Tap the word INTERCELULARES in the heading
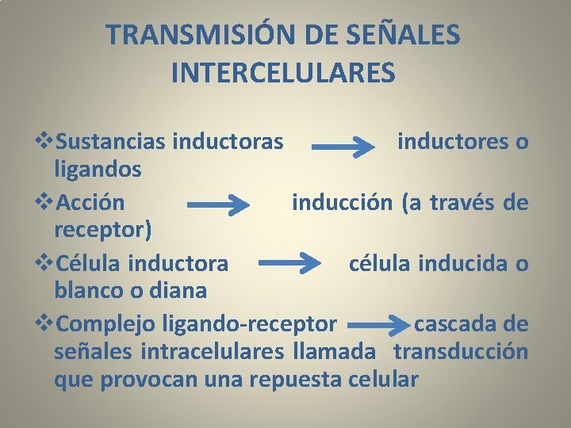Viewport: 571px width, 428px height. pyautogui.click(x=282, y=73)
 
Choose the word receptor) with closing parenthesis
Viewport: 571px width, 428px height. pyautogui.click(x=102, y=230)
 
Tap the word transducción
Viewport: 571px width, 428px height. pyautogui.click(x=461, y=351)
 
